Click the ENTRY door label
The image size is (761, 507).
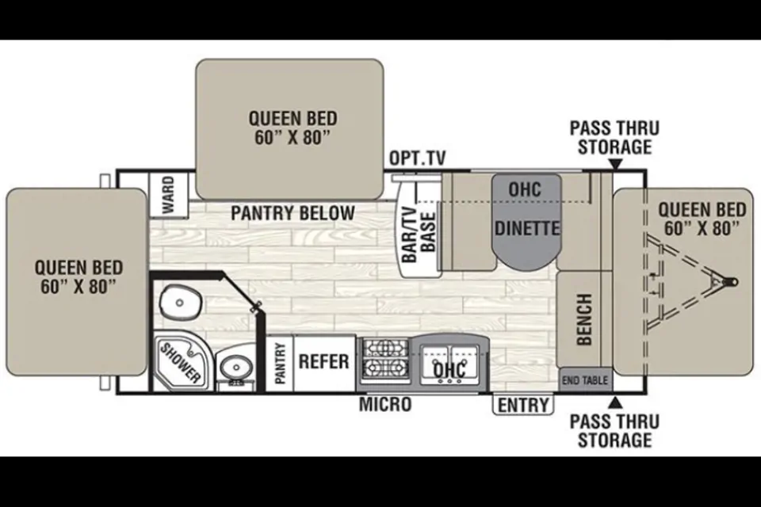[523, 405]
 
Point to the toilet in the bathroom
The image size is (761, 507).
[180, 302]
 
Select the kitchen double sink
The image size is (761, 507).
[449, 364]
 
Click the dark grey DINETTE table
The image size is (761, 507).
[526, 221]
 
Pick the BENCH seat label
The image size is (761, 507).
[584, 319]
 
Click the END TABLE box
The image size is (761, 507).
[585, 380]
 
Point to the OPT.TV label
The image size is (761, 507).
[418, 158]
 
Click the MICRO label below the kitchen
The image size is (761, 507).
[385, 404]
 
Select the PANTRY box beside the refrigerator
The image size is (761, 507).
[280, 363]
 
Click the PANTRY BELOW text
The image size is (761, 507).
[293, 213]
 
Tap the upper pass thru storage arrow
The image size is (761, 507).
[615, 165]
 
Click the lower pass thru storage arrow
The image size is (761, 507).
[615, 402]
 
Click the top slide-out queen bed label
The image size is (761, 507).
[293, 128]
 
